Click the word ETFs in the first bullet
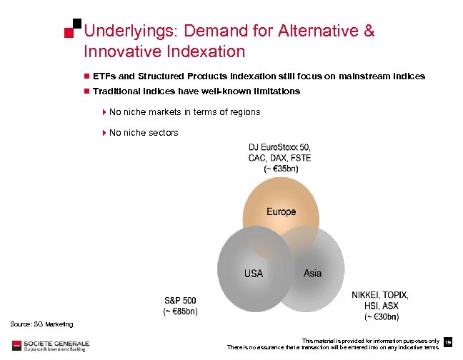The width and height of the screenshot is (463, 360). coord(104,76)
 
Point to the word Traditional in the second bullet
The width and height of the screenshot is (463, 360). coord(116,91)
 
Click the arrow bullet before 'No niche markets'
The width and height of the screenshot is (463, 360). coord(104,112)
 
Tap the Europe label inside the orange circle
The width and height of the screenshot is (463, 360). coord(281,212)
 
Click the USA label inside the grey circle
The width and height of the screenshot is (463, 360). coord(254,274)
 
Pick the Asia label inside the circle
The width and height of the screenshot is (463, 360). coord(312,274)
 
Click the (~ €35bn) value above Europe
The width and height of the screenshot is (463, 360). coord(281,169)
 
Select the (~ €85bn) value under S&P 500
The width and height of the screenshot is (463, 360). coord(180,311)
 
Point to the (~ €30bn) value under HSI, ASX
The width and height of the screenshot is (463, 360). coord(382,316)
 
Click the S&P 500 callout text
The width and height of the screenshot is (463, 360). coord(180,300)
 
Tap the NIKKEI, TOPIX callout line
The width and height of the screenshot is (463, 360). coord(379,294)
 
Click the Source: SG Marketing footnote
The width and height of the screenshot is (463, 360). coord(41,325)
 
